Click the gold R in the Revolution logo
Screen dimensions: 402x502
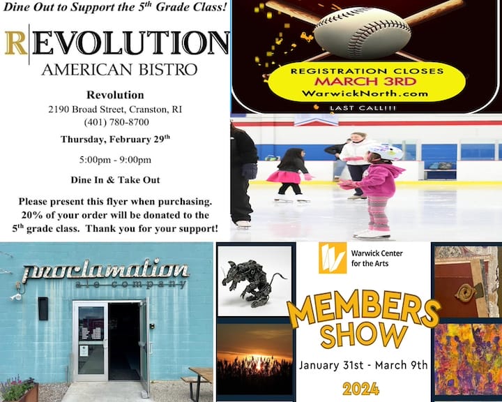[x=15, y=43]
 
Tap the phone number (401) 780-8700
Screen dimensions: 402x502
[x=116, y=122]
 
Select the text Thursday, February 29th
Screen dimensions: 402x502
[x=115, y=139]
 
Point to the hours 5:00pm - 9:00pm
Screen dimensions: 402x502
[x=115, y=159]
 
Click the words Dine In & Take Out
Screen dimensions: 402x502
[x=115, y=179]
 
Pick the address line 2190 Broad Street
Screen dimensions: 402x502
[x=115, y=110]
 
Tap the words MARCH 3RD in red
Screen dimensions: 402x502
[x=365, y=81]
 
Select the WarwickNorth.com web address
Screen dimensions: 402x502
[x=365, y=94]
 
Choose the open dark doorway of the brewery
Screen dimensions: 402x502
[x=123, y=341]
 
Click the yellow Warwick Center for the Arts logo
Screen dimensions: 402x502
[x=332, y=258]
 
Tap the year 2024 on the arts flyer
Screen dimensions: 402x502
[x=360, y=389]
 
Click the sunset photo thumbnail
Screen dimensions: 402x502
[x=253, y=358]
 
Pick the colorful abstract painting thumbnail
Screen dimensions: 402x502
[x=466, y=358]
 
